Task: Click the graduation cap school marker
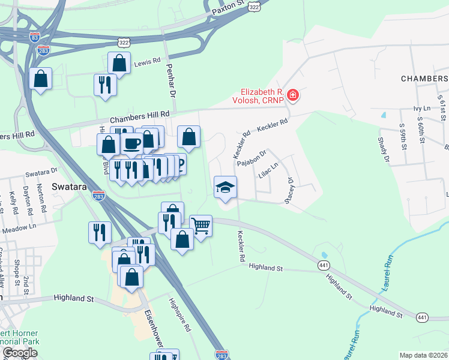[x=225, y=188]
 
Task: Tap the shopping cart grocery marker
[x=201, y=227]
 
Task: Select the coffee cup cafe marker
[x=131, y=144]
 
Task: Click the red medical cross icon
[x=293, y=95]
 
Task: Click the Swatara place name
[x=70, y=187]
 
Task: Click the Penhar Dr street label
[x=170, y=82]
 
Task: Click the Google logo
[x=20, y=353]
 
